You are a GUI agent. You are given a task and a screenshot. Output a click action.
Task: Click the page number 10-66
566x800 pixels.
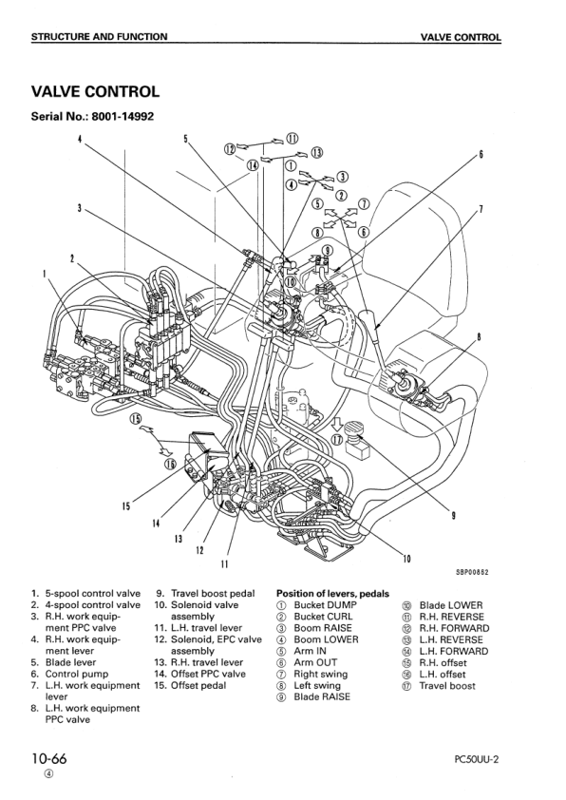[x=49, y=759]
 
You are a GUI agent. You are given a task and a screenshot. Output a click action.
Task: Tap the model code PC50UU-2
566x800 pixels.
[x=476, y=759]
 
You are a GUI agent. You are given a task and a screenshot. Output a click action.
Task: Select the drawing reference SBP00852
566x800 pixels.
[x=472, y=572]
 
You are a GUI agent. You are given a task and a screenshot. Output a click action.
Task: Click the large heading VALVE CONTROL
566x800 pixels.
[x=95, y=92]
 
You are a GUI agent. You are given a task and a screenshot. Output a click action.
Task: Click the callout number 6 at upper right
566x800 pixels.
[x=481, y=155]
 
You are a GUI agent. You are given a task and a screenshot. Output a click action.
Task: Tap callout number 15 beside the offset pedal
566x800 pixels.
[x=126, y=506]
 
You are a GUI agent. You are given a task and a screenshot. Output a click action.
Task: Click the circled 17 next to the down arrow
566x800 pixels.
[x=337, y=440]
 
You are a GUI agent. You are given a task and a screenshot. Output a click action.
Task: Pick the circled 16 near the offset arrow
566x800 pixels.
[x=170, y=463]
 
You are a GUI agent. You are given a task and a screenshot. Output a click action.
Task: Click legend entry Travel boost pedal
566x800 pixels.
[x=213, y=594]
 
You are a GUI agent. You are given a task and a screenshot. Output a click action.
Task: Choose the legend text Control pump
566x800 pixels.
[x=77, y=674]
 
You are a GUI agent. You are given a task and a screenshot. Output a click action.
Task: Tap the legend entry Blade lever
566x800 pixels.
[x=70, y=662]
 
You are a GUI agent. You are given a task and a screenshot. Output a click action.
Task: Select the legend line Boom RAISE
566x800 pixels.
[x=323, y=628]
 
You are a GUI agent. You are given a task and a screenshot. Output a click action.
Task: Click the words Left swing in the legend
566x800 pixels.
[x=317, y=686]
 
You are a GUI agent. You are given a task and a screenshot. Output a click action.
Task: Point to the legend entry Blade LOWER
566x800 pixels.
[x=451, y=605]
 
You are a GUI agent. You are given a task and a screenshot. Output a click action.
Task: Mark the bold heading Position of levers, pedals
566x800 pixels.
[x=332, y=594]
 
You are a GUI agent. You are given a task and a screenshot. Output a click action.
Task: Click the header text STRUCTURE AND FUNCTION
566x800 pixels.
[x=99, y=37]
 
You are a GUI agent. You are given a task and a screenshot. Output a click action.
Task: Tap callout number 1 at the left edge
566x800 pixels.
[x=44, y=273]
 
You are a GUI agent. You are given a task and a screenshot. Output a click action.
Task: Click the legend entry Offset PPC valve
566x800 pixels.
[x=208, y=674]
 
